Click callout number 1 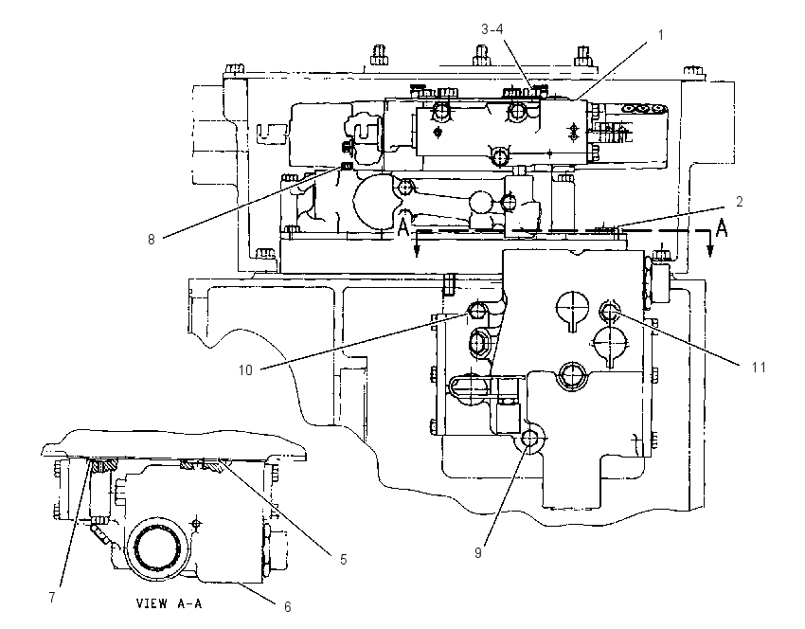coord(661,35)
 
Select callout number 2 coord(740,202)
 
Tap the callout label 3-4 coord(492,29)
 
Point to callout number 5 coord(344,559)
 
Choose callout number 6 coord(288,607)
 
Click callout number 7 coord(52,598)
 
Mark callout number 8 coord(151,240)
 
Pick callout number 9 coord(478,552)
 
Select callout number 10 coord(245,369)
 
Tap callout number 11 coord(759,368)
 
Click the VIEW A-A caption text coord(169,603)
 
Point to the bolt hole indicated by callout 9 coord(529,438)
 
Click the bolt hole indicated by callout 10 coord(478,310)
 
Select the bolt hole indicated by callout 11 coord(609,310)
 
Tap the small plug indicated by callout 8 coord(347,166)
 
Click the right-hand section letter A coord(722,228)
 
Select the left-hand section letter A coord(404,227)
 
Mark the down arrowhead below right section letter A coord(710,251)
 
